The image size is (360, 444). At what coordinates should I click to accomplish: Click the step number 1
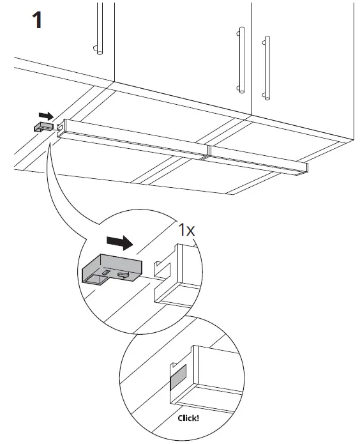pos(38,20)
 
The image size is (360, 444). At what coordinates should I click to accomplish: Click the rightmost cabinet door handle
pos(266,67)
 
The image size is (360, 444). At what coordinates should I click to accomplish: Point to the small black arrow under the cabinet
pos(46,116)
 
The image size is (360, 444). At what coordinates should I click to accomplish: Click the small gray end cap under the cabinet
pos(43,127)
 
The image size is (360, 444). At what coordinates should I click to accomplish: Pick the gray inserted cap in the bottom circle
pos(177,377)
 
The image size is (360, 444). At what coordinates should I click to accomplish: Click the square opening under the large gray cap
pos(96,278)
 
